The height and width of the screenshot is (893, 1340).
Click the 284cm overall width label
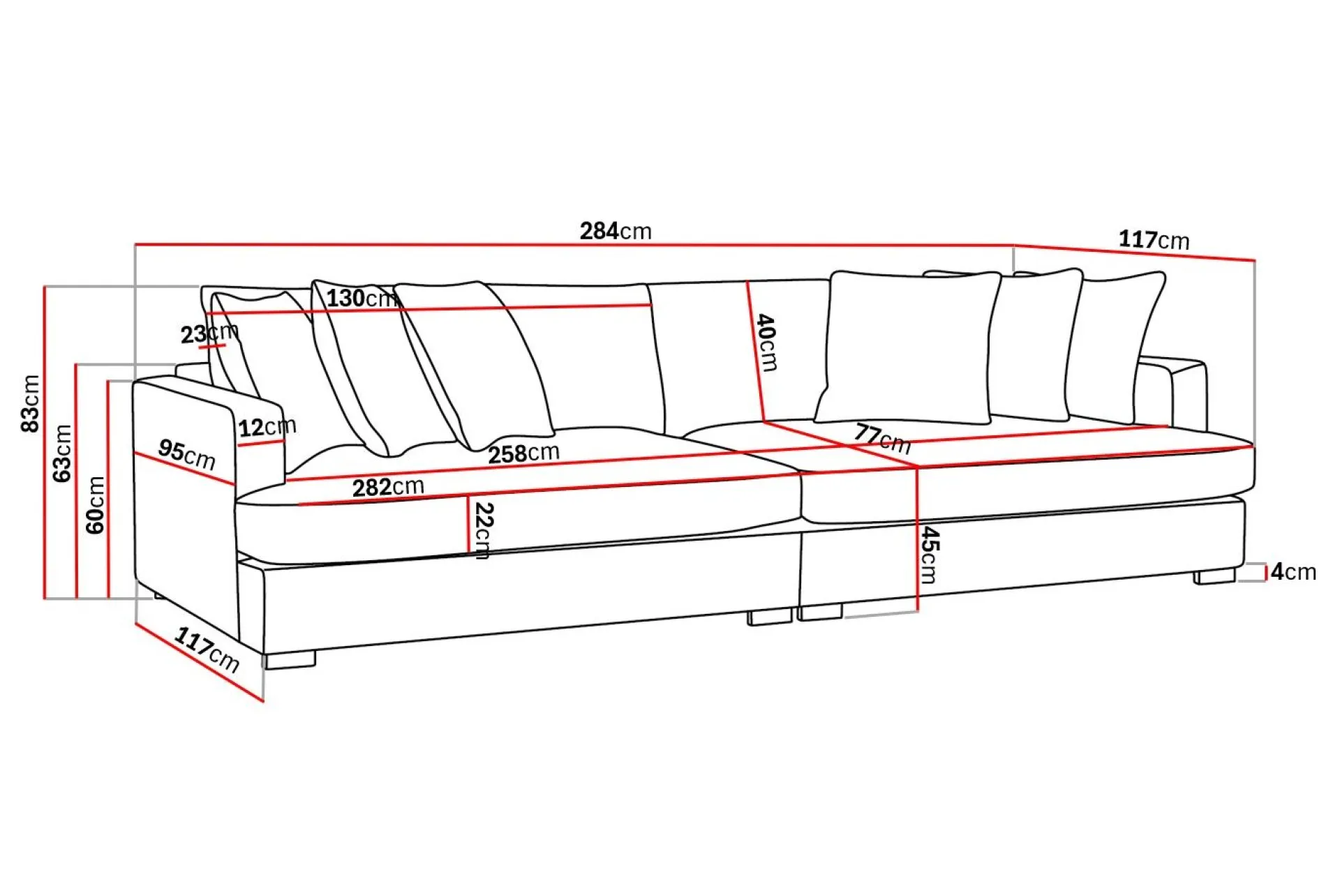(616, 231)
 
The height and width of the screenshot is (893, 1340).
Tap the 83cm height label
(31, 403)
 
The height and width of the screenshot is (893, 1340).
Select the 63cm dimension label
(63, 453)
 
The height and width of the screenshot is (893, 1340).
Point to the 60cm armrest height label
(96, 505)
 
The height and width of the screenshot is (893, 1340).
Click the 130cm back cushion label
(362, 299)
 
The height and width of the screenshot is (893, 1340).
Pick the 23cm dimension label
(209, 333)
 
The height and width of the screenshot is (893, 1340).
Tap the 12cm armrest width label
(267, 426)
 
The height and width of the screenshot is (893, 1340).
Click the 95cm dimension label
(187, 454)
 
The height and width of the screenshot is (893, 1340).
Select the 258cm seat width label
(523, 454)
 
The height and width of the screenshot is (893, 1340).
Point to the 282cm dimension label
(388, 487)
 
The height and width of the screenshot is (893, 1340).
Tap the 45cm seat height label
(930, 555)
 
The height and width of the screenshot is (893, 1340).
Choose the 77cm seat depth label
(882, 439)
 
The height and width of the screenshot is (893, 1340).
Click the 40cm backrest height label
(767, 343)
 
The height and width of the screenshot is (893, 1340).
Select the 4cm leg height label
(1293, 572)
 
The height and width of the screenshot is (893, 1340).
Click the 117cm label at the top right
(1154, 240)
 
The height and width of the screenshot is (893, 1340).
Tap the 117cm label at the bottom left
(207, 650)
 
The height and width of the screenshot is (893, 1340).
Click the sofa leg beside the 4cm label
(1214, 576)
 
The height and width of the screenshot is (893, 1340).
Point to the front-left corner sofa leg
(290, 660)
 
